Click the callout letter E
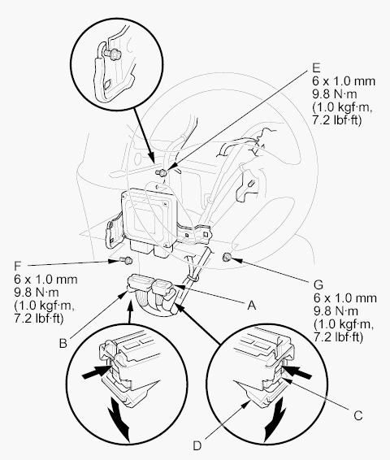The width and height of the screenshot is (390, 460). (316, 67)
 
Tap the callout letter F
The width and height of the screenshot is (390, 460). (18, 266)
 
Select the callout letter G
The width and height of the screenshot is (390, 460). (318, 285)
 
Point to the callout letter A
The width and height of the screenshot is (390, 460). (252, 306)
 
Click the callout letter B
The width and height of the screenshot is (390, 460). (63, 343)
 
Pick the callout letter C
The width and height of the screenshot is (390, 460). (358, 415)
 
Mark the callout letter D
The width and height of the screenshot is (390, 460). (197, 445)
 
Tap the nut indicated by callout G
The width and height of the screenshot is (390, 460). (227, 258)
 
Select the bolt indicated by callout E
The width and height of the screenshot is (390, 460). (162, 172)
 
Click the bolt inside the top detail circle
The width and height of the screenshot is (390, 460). (110, 54)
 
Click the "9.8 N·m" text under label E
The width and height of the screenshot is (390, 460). (335, 94)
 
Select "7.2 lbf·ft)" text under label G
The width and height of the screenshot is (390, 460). (338, 336)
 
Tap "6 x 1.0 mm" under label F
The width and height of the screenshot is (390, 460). (45, 279)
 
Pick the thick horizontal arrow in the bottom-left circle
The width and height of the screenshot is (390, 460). (96, 372)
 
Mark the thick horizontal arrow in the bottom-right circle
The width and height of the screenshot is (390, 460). (298, 371)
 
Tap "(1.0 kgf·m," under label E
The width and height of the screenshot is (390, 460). (342, 107)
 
